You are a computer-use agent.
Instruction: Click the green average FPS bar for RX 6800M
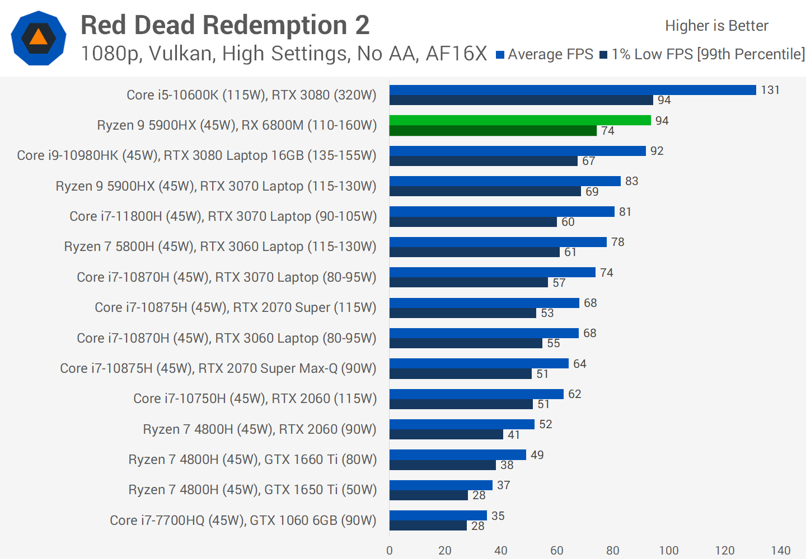click(x=520, y=120)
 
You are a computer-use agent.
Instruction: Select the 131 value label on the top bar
click(x=770, y=90)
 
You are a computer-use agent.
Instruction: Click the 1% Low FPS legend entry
click(x=702, y=54)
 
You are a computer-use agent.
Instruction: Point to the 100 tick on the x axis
click(x=668, y=551)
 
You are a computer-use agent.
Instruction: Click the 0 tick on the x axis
click(x=390, y=551)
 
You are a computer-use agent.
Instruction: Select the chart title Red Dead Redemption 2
click(x=225, y=25)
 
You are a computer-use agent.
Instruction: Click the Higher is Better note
click(x=716, y=26)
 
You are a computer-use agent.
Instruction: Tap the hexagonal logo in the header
click(x=39, y=38)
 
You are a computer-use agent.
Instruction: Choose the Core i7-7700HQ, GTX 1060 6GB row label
click(x=243, y=520)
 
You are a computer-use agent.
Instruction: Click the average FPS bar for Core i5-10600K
click(x=573, y=90)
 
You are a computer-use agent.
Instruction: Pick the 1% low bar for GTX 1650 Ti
click(x=428, y=495)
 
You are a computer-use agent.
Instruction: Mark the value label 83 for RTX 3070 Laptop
click(x=631, y=181)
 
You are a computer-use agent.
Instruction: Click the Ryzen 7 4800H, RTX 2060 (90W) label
click(x=260, y=429)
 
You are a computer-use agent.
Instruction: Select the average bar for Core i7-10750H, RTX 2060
click(x=476, y=394)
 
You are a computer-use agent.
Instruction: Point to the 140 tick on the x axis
click(x=780, y=551)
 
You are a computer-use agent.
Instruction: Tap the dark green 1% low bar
click(x=493, y=131)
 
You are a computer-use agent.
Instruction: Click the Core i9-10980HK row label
click(x=196, y=155)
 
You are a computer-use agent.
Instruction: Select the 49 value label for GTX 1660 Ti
click(x=537, y=455)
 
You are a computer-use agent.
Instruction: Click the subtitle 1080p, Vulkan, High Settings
click(x=284, y=54)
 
